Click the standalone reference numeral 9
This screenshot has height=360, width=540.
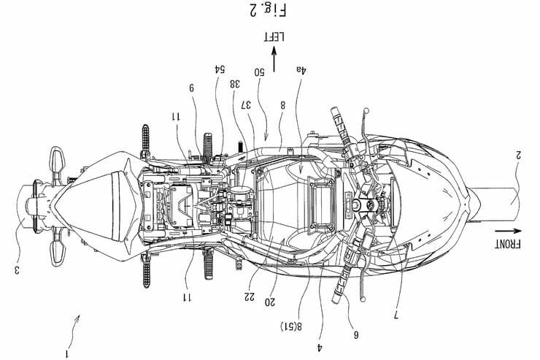click(192, 87)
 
